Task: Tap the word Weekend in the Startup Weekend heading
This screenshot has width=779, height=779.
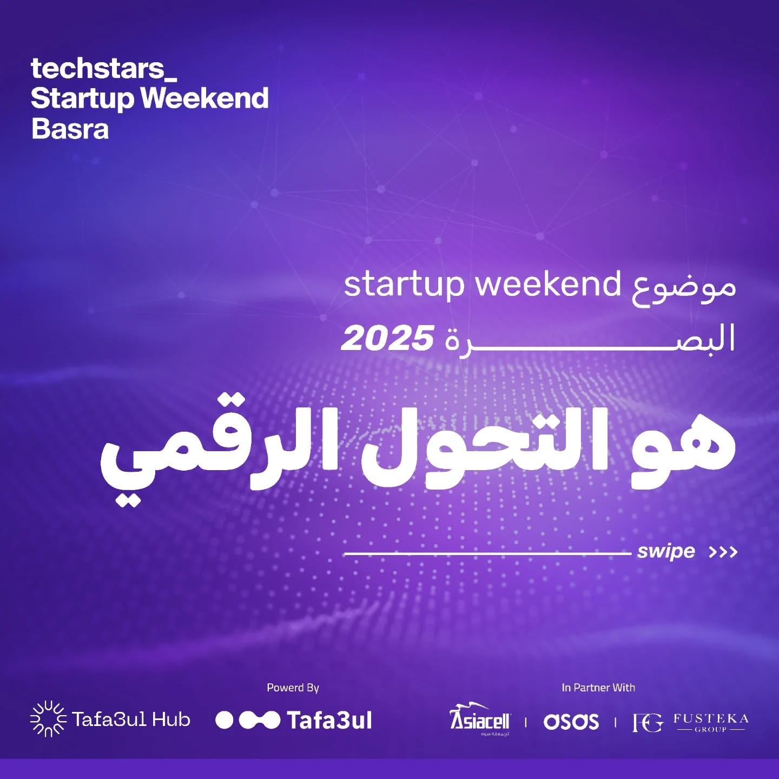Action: [x=204, y=99]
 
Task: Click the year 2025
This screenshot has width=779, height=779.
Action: [x=387, y=339]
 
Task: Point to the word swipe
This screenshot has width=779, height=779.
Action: [x=666, y=552]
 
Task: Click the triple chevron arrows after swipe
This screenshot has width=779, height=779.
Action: [x=723, y=552]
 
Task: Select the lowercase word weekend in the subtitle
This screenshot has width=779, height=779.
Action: [x=548, y=284]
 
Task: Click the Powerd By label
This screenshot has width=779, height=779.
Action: [x=293, y=688]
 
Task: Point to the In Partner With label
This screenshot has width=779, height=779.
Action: [x=598, y=688]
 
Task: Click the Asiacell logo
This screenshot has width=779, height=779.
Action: [x=480, y=719]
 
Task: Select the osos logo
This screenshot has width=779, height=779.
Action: [x=571, y=722]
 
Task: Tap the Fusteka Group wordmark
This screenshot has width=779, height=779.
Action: [x=711, y=722]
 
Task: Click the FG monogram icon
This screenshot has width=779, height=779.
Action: [x=648, y=722]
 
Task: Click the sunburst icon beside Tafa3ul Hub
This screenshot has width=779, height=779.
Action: [x=48, y=719]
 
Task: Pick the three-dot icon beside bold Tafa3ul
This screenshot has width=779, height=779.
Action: [x=248, y=720]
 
